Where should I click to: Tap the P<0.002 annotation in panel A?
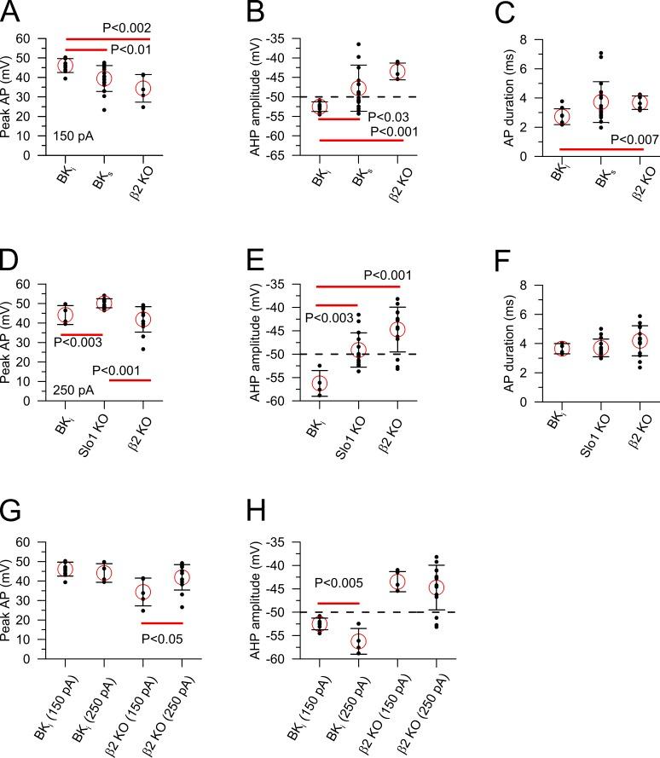(x=128, y=27)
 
